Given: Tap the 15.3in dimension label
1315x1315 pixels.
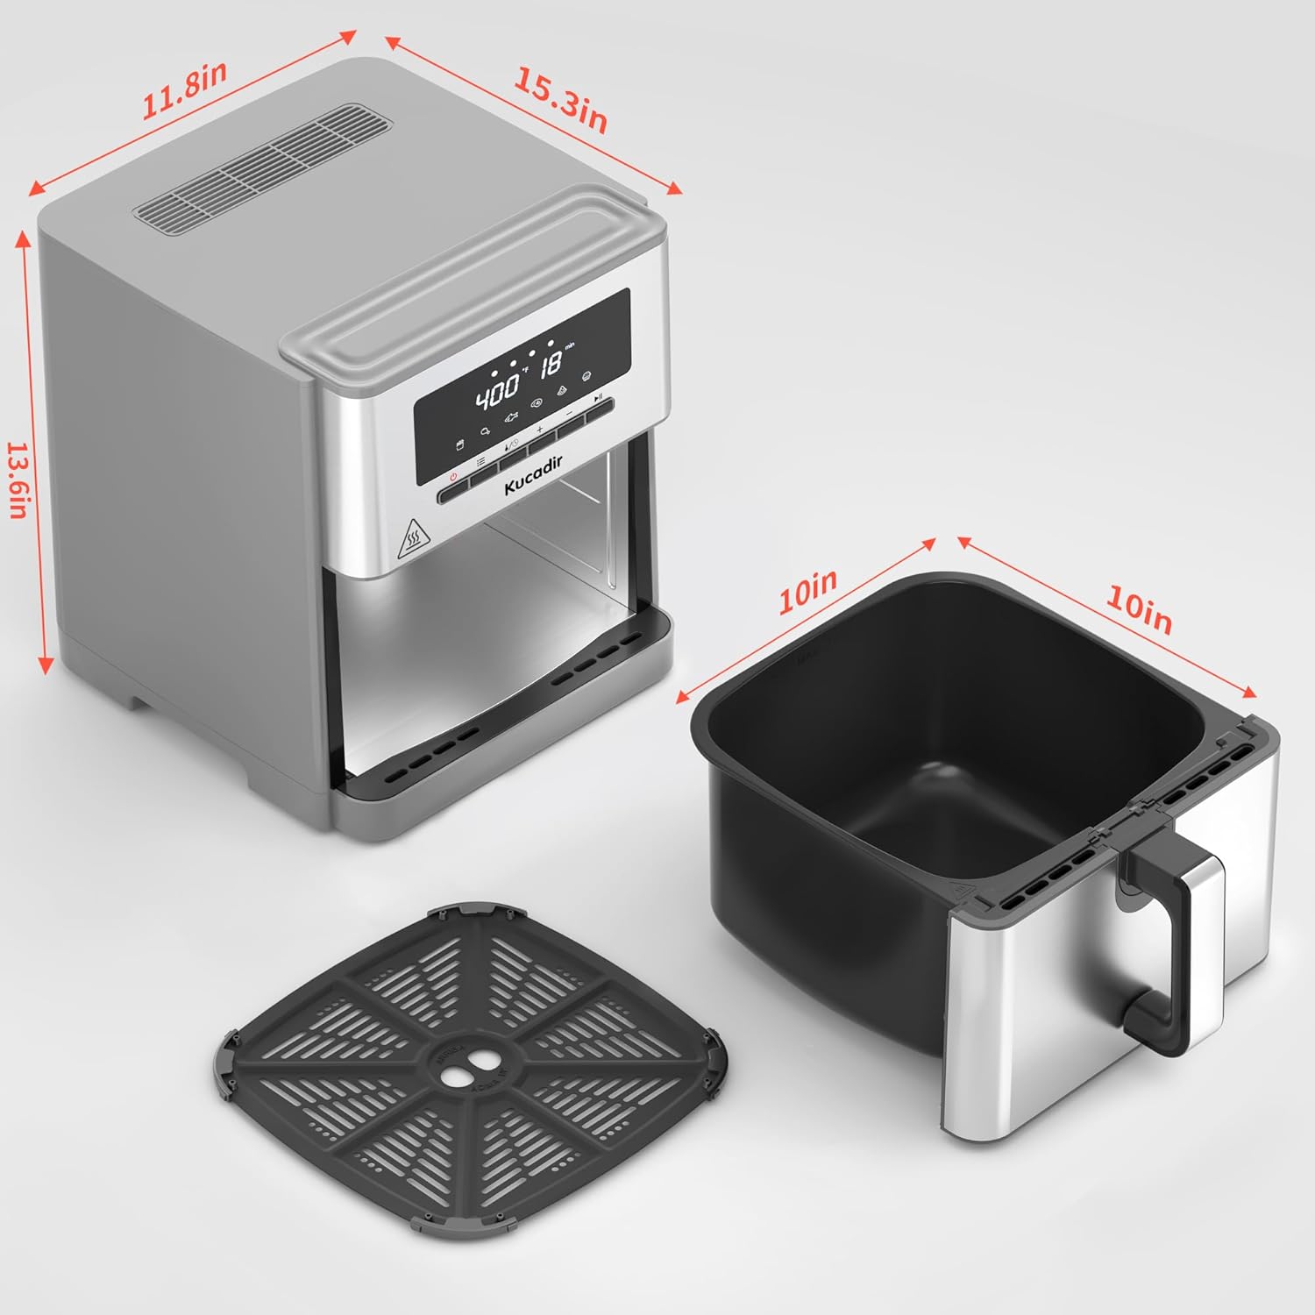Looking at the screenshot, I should (x=560, y=100).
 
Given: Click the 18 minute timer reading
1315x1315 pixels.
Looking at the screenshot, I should (x=551, y=365).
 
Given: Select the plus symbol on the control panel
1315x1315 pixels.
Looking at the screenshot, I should (x=540, y=430).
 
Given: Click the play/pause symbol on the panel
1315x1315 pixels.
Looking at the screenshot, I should (x=598, y=397).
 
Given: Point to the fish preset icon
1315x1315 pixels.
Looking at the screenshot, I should (x=512, y=419).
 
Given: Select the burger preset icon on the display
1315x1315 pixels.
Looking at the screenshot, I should (x=587, y=376).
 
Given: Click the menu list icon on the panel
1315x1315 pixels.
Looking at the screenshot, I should (x=480, y=462).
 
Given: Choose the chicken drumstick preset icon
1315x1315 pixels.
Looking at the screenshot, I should (x=484, y=431).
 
